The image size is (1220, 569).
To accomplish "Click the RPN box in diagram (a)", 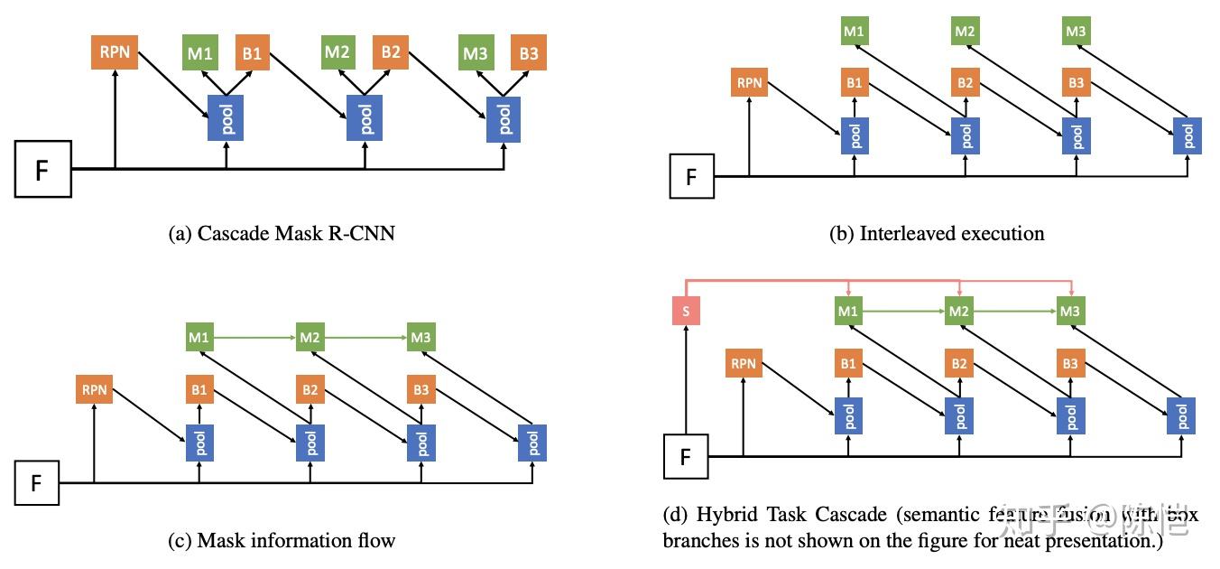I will point(115,51).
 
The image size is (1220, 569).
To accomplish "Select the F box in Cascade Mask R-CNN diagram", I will point(42,169).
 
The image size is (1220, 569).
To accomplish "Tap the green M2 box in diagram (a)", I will point(337,52).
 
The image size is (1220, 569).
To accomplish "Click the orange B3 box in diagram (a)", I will point(529,53).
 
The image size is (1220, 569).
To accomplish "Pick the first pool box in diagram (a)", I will point(226,117).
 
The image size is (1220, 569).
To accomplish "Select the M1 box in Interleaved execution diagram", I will point(853,32).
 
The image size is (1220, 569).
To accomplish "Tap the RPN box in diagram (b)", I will point(750,83).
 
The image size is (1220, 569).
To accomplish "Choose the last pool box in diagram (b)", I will point(1188,135).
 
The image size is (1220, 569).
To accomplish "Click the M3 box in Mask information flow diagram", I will point(421,337).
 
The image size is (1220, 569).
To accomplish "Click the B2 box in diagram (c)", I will point(310,390).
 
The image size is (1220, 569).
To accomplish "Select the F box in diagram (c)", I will point(37,482).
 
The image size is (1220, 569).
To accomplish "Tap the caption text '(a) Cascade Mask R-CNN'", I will point(282,234).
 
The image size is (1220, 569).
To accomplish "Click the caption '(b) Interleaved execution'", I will point(937,234).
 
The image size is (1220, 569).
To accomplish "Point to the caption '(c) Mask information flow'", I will point(282,541).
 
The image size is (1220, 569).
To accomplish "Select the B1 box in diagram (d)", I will point(848,364).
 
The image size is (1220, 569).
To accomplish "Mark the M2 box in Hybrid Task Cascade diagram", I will point(959,312).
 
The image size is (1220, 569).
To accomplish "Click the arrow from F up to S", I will point(687,379).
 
